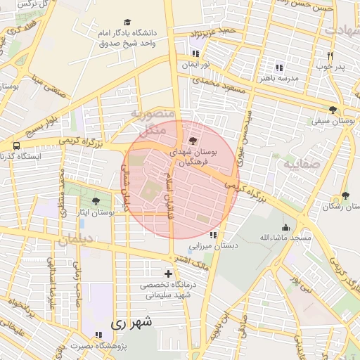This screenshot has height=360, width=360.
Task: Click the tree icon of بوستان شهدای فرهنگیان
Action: tap(193, 141)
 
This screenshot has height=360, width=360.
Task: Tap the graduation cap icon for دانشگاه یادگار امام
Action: tap(127, 22)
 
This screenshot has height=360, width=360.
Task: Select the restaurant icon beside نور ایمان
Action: tap(195, 53)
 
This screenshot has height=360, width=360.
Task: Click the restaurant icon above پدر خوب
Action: tap(329, 55)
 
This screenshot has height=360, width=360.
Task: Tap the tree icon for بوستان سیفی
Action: tap(333, 110)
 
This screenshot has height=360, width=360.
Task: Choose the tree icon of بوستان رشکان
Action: tap(345, 195)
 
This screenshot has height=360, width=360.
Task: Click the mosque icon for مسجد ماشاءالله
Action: tap(285, 227)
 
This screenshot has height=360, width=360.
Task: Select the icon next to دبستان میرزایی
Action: tap(214, 233)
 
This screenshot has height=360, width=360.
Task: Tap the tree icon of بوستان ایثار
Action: tap(96, 201)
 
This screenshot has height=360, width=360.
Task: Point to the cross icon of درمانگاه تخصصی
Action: tap(167, 274)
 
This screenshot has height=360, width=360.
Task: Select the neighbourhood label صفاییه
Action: tap(302, 164)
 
